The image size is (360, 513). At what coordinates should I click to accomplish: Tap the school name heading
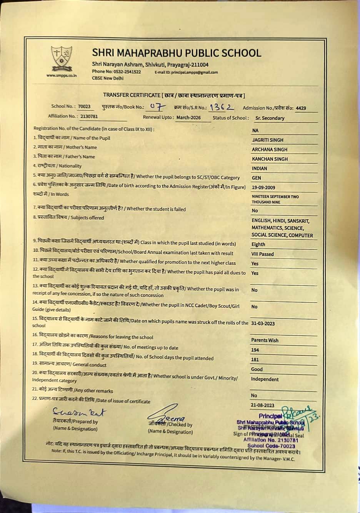click(x=177, y=53)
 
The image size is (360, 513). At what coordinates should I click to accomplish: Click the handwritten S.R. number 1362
click(x=222, y=107)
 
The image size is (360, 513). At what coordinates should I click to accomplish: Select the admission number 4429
click(x=301, y=108)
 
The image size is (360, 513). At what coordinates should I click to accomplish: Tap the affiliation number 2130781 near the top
click(x=89, y=116)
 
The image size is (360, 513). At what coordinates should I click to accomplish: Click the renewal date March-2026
click(x=188, y=118)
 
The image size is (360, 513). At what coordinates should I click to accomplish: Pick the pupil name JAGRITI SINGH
click(x=267, y=140)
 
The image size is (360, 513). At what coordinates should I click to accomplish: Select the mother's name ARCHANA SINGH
click(x=270, y=150)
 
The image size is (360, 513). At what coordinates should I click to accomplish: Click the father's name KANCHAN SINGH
click(x=270, y=159)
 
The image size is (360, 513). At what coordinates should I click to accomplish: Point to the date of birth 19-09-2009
click(x=263, y=188)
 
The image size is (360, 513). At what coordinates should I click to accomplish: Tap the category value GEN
click(x=257, y=178)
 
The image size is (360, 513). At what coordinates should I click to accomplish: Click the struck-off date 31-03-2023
click(x=263, y=323)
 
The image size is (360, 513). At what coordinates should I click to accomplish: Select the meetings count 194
click(x=255, y=350)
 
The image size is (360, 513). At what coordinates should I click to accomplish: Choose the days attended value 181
click(x=255, y=360)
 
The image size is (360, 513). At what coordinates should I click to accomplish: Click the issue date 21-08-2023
click(x=263, y=405)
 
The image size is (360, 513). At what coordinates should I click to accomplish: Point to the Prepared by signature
click(x=79, y=412)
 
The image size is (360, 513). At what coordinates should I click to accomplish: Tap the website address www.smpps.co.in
click(x=62, y=75)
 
